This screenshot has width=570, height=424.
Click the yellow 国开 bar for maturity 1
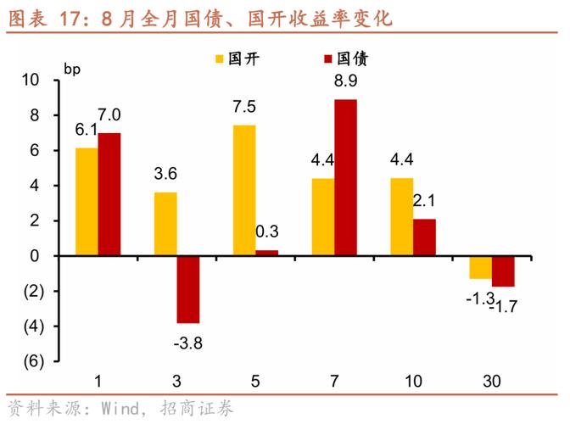click(87, 202)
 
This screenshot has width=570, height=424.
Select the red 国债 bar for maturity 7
click(345, 177)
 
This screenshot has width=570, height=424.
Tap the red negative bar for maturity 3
click(188, 289)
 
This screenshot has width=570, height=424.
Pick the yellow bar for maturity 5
click(244, 190)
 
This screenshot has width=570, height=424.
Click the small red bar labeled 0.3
click(266, 253)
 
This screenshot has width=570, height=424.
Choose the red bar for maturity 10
click(424, 237)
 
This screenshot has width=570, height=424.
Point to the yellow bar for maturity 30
click(481, 267)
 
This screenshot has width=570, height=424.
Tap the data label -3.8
click(187, 343)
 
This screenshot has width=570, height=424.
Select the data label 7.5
click(244, 108)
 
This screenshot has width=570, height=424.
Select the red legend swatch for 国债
click(327, 59)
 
